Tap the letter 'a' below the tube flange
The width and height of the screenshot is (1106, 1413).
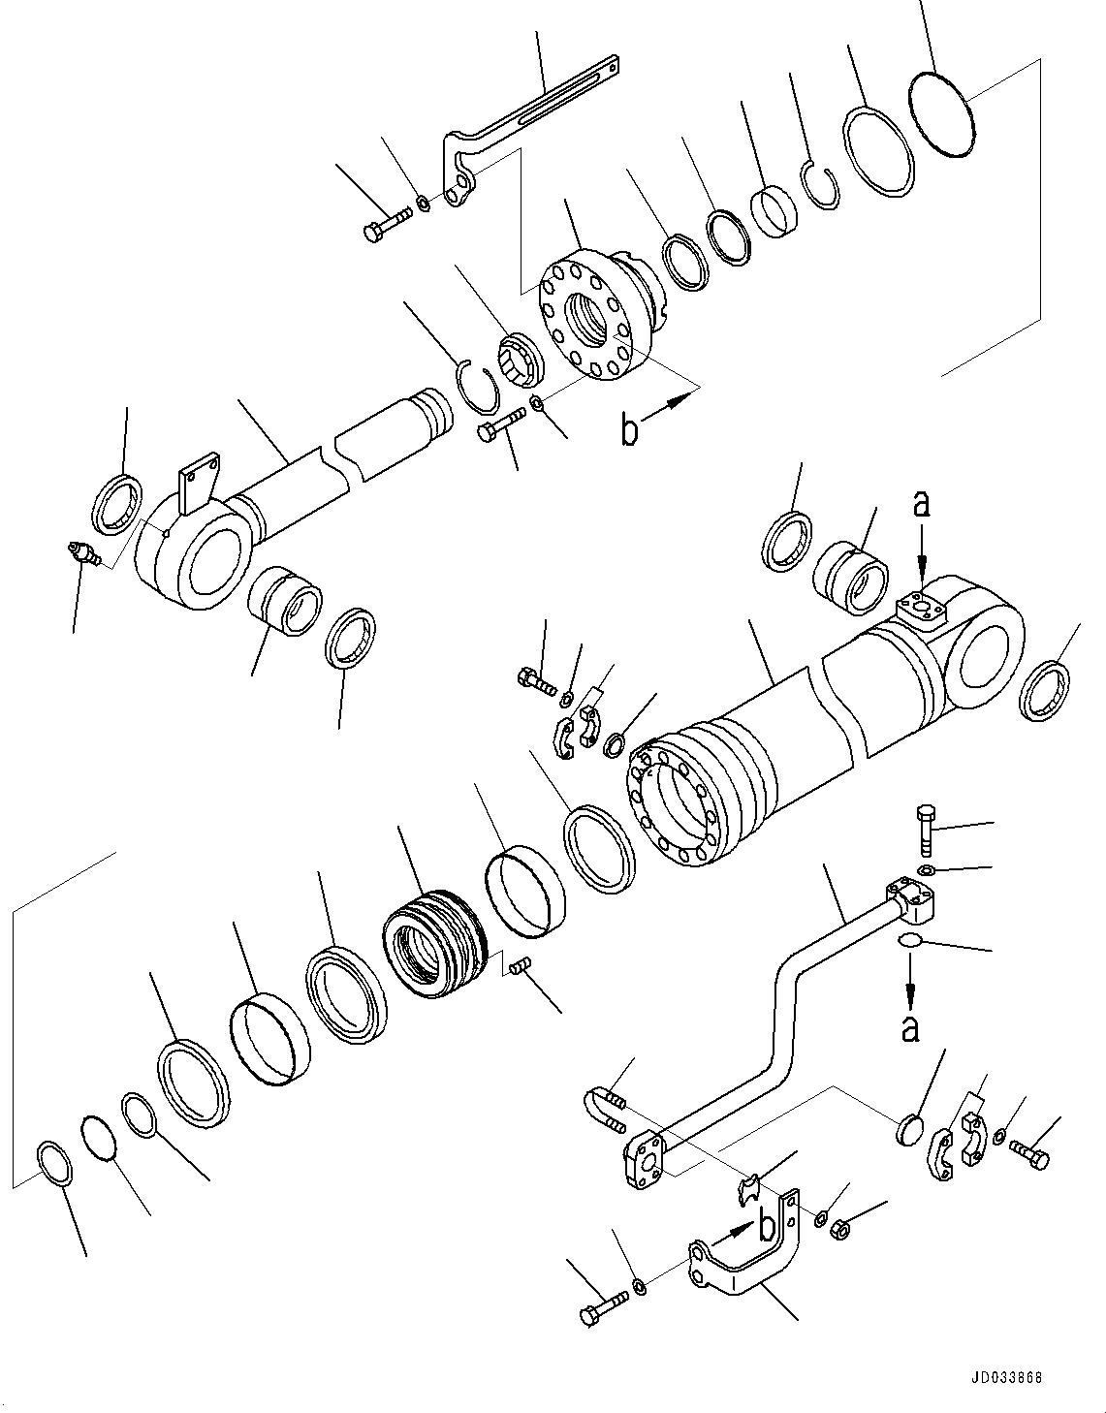tap(909, 1027)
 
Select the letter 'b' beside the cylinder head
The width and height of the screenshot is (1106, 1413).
tap(630, 430)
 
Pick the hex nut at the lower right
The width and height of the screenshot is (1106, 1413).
tap(842, 1227)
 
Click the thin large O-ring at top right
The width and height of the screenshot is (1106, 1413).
tap(941, 115)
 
